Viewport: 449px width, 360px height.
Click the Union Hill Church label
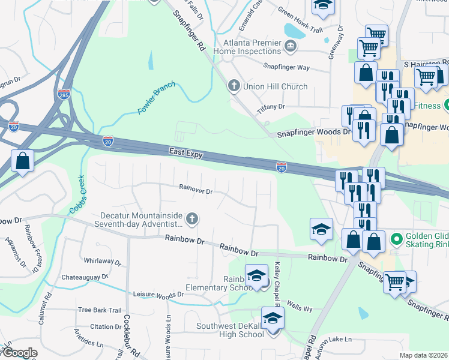[275, 86]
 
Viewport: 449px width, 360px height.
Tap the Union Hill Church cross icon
[234, 86]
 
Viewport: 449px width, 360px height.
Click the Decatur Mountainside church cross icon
[191, 218]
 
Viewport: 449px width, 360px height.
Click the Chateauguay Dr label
[83, 277]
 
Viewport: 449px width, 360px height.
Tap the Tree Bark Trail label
[100, 310]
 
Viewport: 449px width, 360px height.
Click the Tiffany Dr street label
[271, 106]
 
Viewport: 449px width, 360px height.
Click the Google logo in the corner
[20, 353]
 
